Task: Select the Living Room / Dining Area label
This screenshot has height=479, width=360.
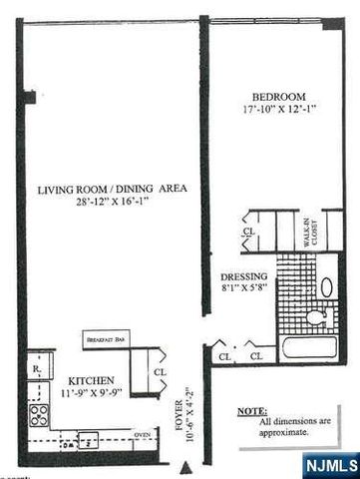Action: coord(112,189)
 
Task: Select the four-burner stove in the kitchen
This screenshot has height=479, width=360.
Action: coord(39,414)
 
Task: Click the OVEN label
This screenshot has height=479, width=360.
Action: coord(142,433)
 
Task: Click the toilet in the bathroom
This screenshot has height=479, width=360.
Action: coord(316,318)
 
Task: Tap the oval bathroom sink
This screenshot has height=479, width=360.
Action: coord(327,285)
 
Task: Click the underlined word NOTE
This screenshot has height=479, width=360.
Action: coord(252,409)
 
